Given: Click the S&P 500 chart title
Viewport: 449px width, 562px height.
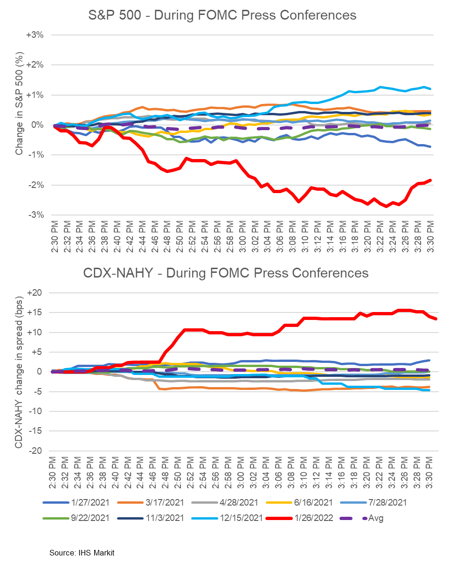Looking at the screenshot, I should pos(222,15).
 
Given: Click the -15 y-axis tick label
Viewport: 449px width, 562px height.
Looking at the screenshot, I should pos(37,431).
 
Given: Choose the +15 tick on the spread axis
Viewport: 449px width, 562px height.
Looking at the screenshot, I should pos(37,312).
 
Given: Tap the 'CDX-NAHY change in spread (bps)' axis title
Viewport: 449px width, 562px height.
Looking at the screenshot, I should pos(19,374).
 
